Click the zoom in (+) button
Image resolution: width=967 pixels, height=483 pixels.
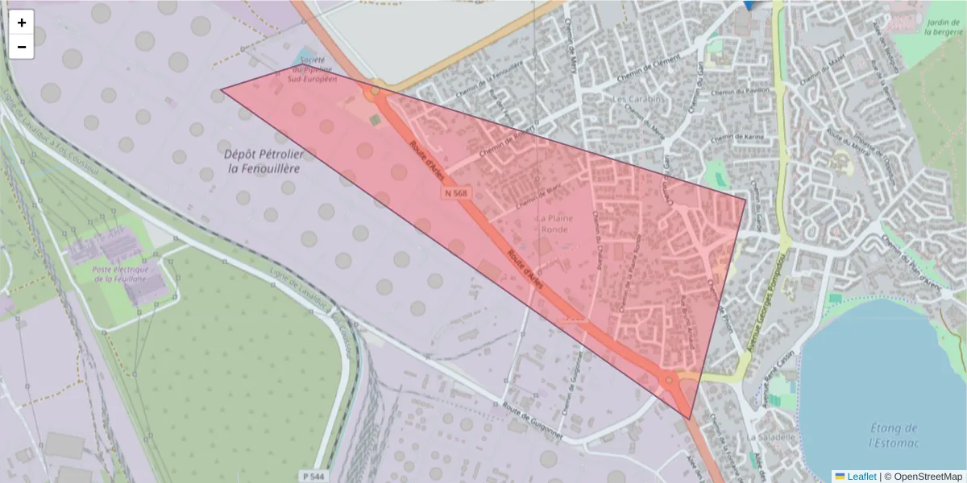coord(22,23)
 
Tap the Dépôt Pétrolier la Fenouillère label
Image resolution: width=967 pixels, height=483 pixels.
coord(262,161)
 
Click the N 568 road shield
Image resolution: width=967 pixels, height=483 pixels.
coord(454,193)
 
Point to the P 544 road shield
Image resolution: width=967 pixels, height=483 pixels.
coord(314,476)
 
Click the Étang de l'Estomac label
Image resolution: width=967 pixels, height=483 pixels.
coord(894,436)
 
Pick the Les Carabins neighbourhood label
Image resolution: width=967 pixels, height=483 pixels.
coord(637,100)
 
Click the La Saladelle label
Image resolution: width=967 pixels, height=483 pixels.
coord(771,437)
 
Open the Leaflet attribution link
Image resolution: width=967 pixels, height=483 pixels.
coord(861,477)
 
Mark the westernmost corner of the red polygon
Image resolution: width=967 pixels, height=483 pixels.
coord(221,89)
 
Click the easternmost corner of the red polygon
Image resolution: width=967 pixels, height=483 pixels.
coord(746,197)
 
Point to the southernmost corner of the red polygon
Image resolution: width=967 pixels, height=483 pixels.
coord(690,419)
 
